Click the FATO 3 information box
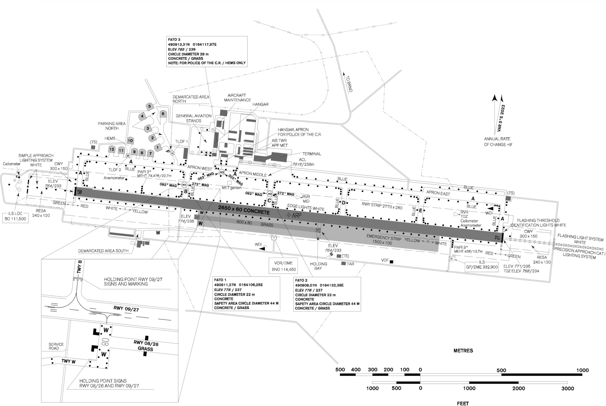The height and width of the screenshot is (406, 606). click(x=207, y=52)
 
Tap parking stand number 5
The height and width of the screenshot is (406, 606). click(x=150, y=106)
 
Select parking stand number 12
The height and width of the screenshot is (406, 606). click(x=112, y=149)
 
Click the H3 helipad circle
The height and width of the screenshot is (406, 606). click(x=222, y=172)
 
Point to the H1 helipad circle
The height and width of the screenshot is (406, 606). click(x=184, y=185)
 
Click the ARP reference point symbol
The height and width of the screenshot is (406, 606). click(x=289, y=215)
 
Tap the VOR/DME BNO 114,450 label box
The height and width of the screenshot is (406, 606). click(x=283, y=266)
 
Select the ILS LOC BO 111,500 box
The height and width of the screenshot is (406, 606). click(x=15, y=216)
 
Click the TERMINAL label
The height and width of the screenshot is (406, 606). click(x=311, y=154)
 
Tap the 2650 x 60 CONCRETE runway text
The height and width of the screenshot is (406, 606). click(x=244, y=210)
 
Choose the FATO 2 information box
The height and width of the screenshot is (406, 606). click(x=327, y=294)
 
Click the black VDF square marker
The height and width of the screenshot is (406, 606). click(x=391, y=262)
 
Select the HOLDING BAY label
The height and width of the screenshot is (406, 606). click(x=318, y=266)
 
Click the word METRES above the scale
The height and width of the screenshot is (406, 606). click(x=463, y=351)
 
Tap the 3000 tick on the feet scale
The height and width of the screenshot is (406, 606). click(x=567, y=388)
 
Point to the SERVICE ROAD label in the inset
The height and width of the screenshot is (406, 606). click(x=56, y=346)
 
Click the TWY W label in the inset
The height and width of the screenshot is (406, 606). click(x=68, y=361)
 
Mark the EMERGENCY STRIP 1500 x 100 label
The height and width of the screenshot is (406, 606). click(x=383, y=240)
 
